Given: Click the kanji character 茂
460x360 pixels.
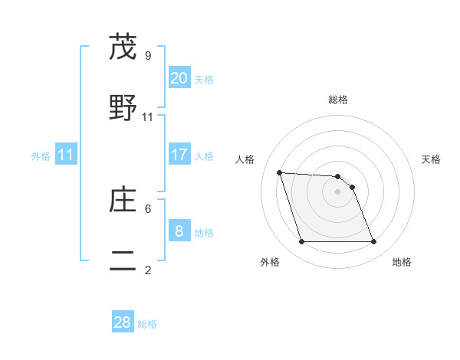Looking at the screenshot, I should [123, 47].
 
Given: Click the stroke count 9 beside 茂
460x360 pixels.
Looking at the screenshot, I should [148, 55].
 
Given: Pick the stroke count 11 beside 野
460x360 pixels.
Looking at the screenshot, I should [148, 116].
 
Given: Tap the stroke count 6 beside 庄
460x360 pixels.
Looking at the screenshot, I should [148, 208].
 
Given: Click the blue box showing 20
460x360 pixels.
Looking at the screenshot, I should [179, 77].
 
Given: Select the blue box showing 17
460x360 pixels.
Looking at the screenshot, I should [179, 154].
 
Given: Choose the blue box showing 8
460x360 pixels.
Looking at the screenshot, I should [179, 231].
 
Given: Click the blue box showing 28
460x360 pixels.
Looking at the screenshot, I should [123, 322].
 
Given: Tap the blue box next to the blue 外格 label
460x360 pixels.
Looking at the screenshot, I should [65, 155].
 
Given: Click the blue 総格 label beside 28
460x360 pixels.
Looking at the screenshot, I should [147, 324].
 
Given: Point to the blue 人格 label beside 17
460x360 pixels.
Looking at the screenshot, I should [204, 155].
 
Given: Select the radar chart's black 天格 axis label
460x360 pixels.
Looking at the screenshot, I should [432, 159].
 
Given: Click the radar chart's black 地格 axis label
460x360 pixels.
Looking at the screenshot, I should [402, 262].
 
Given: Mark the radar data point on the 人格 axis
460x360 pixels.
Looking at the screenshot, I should [279, 172].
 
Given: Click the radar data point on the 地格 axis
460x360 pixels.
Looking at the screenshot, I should [374, 242].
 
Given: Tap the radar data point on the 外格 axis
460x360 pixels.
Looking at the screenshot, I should [301, 242].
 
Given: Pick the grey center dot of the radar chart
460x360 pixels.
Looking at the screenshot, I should [337, 191].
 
